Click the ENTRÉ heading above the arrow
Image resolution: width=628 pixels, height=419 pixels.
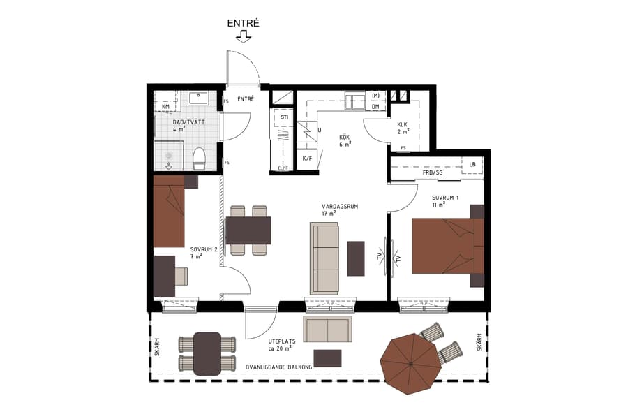[x=244, y=23]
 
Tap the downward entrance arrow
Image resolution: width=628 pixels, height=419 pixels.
[x=244, y=37]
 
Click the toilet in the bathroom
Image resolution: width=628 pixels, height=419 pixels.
[x=199, y=159]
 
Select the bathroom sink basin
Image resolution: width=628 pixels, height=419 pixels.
[x=198, y=97]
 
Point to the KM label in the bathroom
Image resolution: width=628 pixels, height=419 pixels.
[x=165, y=106]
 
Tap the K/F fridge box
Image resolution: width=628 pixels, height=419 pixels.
[x=307, y=159]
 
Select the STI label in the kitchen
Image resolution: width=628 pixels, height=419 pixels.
[x=284, y=117]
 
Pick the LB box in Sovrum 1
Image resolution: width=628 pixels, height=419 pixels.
[x=472, y=165]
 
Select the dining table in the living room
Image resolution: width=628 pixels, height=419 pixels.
[x=248, y=230]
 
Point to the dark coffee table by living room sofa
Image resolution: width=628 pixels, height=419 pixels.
[x=356, y=258]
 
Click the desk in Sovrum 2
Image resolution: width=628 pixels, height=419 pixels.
[x=165, y=276]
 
